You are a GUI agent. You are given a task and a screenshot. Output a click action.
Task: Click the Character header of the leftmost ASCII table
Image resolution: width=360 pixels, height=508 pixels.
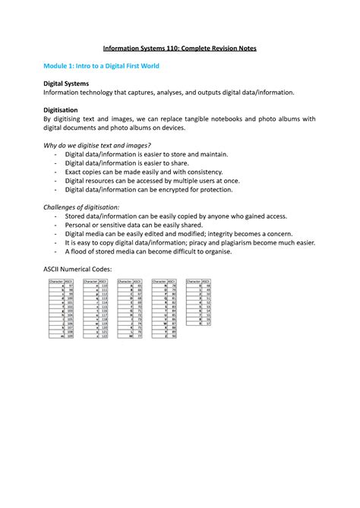click(x=55, y=281)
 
